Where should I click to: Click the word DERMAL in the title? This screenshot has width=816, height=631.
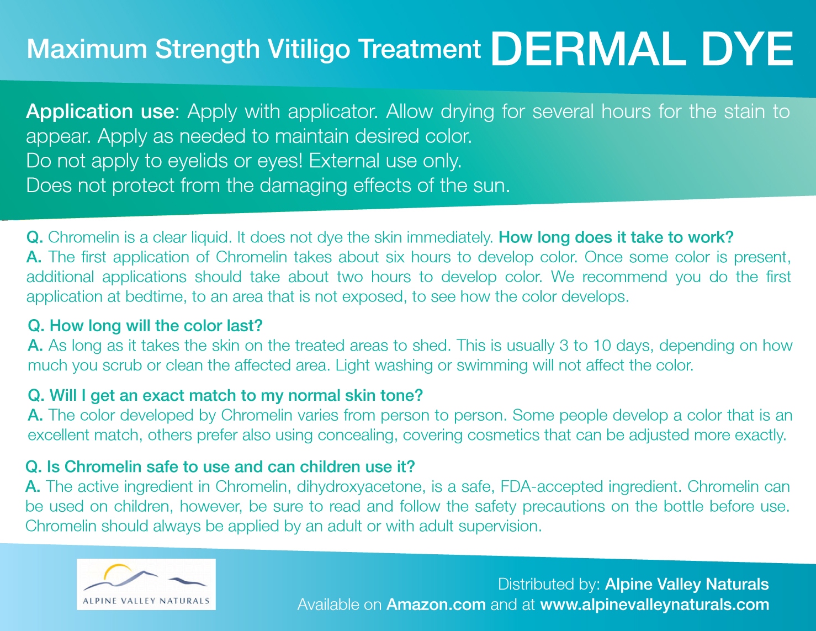(x=588, y=50)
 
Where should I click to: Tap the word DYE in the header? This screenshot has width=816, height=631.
(x=747, y=50)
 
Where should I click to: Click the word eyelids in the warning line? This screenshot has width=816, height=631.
(x=197, y=161)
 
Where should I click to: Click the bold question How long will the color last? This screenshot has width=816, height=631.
(x=145, y=326)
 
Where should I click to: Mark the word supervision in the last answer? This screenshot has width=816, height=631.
(x=500, y=526)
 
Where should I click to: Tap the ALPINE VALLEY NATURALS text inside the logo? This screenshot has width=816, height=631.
(x=146, y=601)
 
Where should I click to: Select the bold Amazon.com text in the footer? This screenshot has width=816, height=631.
(x=436, y=605)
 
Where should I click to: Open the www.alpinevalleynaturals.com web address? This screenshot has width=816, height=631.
(x=655, y=605)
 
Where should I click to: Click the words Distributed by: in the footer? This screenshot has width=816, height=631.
(x=549, y=585)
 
